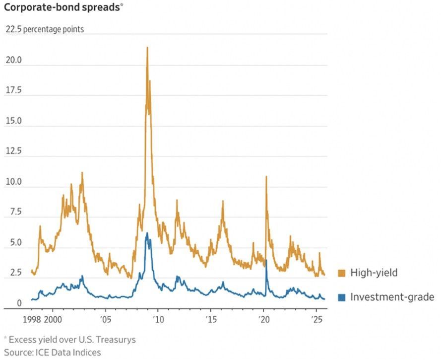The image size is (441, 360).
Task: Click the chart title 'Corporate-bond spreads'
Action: coord(62,8)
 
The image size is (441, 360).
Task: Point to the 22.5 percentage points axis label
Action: coord(45,29)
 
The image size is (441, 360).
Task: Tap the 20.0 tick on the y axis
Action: coord(13,60)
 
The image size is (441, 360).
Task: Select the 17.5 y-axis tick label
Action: coord(13,90)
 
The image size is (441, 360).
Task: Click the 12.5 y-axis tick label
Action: coord(13,151)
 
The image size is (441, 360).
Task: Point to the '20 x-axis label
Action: coord(263,319)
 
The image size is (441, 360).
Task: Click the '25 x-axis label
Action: coord(316,319)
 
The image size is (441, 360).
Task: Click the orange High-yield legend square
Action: coord(341,273)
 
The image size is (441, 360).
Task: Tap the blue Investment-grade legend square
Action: coord(341,297)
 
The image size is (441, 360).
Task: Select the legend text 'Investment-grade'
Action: coord(392,297)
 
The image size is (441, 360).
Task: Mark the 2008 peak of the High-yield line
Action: coord(147,48)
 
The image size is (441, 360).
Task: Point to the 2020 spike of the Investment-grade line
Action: coord(266,260)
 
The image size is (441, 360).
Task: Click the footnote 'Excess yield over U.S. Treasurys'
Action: coord(72,340)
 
